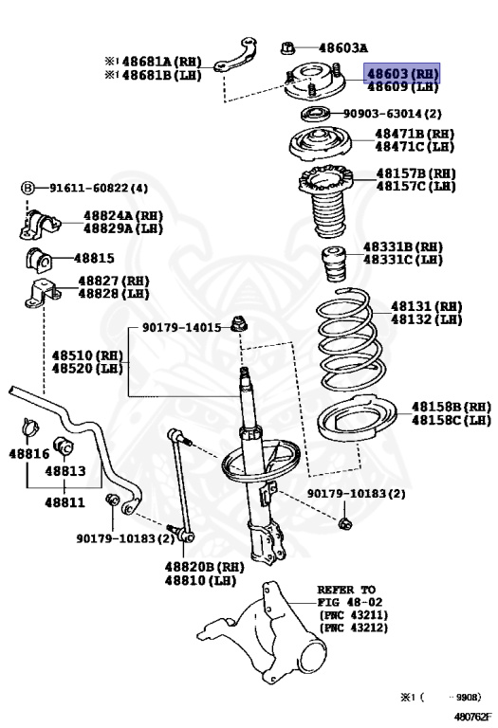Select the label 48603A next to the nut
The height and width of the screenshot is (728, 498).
[x=342, y=47]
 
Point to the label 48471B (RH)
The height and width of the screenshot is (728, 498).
[x=415, y=135]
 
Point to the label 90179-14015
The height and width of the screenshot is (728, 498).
[x=182, y=327]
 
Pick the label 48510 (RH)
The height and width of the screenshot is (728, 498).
[x=88, y=355]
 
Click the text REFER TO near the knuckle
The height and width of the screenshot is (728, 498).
[x=345, y=589]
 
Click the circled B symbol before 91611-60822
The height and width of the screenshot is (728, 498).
[x=28, y=188]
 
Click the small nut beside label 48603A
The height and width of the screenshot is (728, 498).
[x=287, y=46]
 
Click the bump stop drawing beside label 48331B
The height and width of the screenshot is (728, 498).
[x=335, y=264]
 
